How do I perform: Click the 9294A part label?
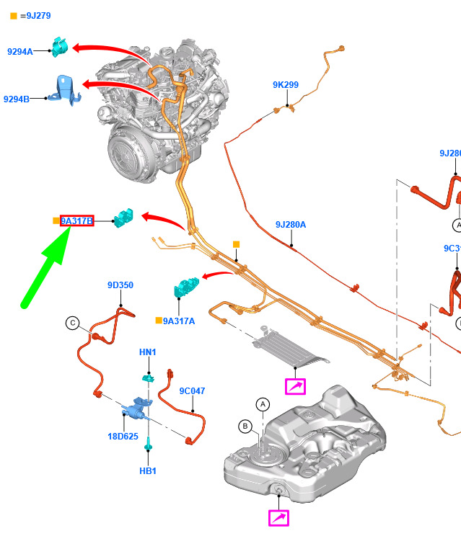(x=20, y=51)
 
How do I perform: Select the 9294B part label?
(x=17, y=99)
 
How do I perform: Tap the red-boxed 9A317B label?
(x=76, y=221)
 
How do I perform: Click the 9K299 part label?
(x=285, y=85)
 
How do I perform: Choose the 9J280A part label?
(x=290, y=225)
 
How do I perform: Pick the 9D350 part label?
(x=120, y=285)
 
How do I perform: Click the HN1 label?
(x=147, y=352)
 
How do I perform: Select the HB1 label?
(x=147, y=471)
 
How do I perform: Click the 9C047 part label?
(x=192, y=391)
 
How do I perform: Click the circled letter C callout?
(x=72, y=323)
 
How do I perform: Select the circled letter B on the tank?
(x=245, y=426)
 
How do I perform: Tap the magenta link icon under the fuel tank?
(x=278, y=517)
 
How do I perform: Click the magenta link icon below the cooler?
(x=295, y=386)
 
